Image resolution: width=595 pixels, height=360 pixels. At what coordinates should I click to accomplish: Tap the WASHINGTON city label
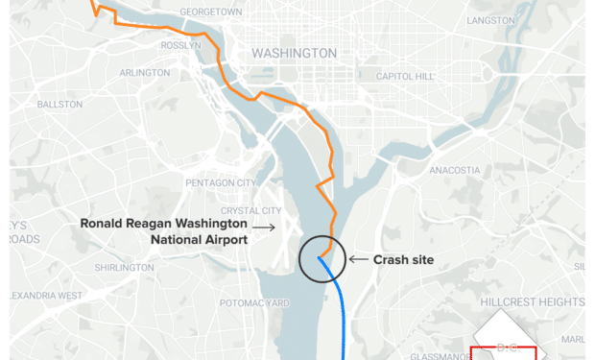294,54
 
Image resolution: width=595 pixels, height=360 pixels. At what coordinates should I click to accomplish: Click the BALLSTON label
59,104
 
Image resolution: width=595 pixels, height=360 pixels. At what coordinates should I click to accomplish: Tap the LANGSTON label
490,20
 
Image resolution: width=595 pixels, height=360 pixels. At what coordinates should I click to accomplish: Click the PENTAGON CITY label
220,182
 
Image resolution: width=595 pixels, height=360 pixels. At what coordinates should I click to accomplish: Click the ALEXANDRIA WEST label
44,296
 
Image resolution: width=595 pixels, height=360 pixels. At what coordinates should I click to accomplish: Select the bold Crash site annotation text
404,259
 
